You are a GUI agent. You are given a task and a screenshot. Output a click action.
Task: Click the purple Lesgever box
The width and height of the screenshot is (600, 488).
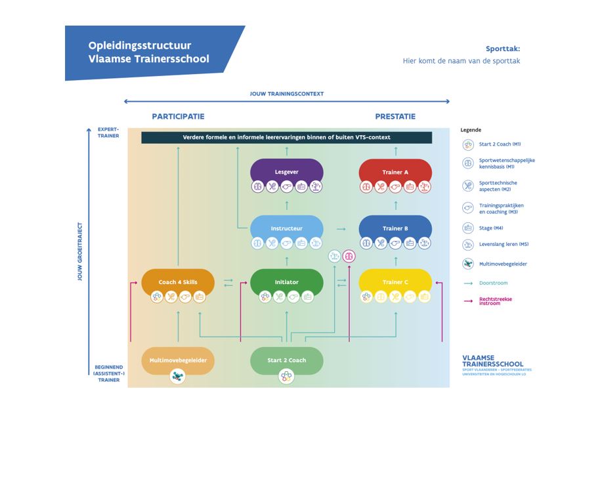tap(286, 172)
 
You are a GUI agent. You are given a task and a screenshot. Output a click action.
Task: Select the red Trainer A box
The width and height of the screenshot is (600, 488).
tap(395, 172)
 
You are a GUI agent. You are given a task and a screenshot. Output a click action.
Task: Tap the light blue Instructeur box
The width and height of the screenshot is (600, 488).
tap(286, 228)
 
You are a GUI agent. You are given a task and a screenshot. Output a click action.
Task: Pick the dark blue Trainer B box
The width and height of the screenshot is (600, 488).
tap(395, 228)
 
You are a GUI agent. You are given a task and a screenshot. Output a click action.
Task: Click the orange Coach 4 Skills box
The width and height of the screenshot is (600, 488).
tap(177, 282)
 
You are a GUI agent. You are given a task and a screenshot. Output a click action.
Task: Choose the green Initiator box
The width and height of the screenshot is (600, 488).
tap(286, 282)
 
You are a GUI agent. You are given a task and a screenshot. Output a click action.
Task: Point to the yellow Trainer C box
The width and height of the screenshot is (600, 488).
tap(395, 282)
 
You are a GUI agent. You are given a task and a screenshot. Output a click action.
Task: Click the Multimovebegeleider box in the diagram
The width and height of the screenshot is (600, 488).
tap(177, 360)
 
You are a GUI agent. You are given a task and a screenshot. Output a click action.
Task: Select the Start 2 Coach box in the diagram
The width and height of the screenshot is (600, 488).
tap(286, 360)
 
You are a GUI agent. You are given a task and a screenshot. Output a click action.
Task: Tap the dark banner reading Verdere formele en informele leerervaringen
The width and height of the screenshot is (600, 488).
tap(286, 137)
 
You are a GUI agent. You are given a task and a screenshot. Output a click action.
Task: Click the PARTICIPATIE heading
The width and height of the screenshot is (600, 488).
tap(178, 117)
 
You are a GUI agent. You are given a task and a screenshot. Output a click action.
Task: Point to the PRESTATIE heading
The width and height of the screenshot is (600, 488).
tap(395, 117)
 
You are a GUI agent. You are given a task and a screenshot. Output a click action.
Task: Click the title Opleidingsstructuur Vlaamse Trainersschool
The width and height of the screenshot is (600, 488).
tap(149, 52)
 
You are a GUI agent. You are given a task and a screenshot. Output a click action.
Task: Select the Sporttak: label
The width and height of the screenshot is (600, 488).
tap(502, 49)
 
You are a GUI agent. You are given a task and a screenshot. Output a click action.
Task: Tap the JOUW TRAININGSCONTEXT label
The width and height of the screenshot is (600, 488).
tap(286, 94)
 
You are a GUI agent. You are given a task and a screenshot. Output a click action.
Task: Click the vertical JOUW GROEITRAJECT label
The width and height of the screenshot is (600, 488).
tap(80, 252)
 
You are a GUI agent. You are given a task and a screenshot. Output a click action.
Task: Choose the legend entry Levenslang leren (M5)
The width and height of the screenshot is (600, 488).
tap(504, 244)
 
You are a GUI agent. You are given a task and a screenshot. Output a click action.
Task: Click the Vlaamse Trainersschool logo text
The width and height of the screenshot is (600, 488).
tap(493, 361)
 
